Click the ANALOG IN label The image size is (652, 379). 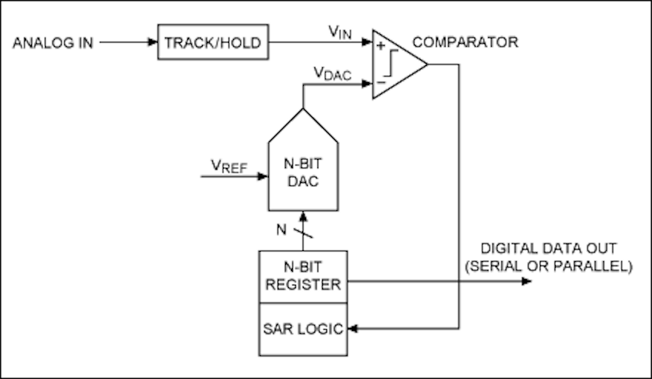(x=54, y=43)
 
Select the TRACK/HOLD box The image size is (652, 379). (x=213, y=43)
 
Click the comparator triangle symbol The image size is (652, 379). (x=397, y=64)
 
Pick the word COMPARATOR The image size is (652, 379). (x=465, y=42)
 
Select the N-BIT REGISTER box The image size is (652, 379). (x=302, y=276)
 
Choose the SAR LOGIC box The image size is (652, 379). (x=302, y=329)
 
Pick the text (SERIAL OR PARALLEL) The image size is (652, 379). (x=548, y=266)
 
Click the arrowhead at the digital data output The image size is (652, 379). (x=527, y=281)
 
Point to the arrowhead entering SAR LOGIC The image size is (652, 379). (x=352, y=329)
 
